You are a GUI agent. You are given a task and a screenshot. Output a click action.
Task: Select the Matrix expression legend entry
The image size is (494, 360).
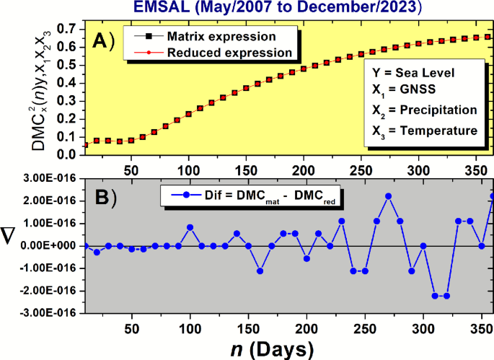[x=195, y=35]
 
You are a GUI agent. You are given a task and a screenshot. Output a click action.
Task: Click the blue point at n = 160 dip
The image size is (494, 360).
[x=260, y=271]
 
